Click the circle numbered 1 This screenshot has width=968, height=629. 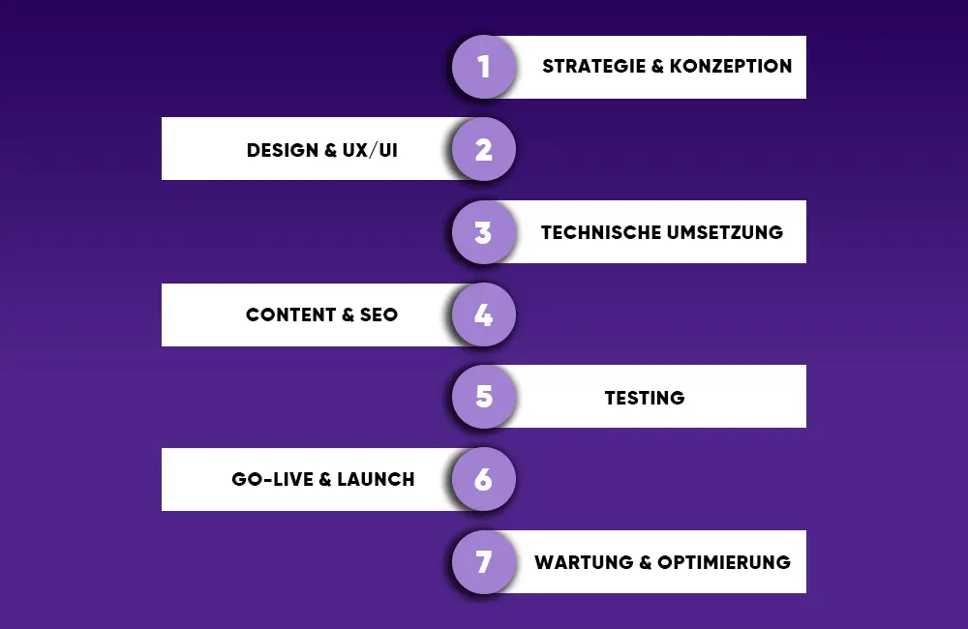click(x=484, y=67)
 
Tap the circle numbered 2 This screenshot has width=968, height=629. click(x=484, y=149)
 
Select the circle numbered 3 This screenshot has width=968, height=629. click(x=484, y=232)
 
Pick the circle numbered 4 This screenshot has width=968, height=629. click(x=484, y=314)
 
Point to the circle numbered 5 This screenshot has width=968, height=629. click(x=484, y=397)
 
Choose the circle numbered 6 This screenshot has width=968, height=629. click(x=484, y=479)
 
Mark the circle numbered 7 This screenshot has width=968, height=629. click(x=484, y=561)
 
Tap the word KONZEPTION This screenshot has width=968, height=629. click(x=731, y=67)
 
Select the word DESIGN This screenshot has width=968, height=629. click(x=283, y=150)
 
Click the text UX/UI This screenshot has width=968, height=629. click(x=369, y=150)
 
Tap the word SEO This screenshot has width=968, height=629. click(x=378, y=314)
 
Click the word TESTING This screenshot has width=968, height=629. click(x=645, y=398)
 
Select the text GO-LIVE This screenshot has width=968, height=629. click(x=267, y=479)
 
